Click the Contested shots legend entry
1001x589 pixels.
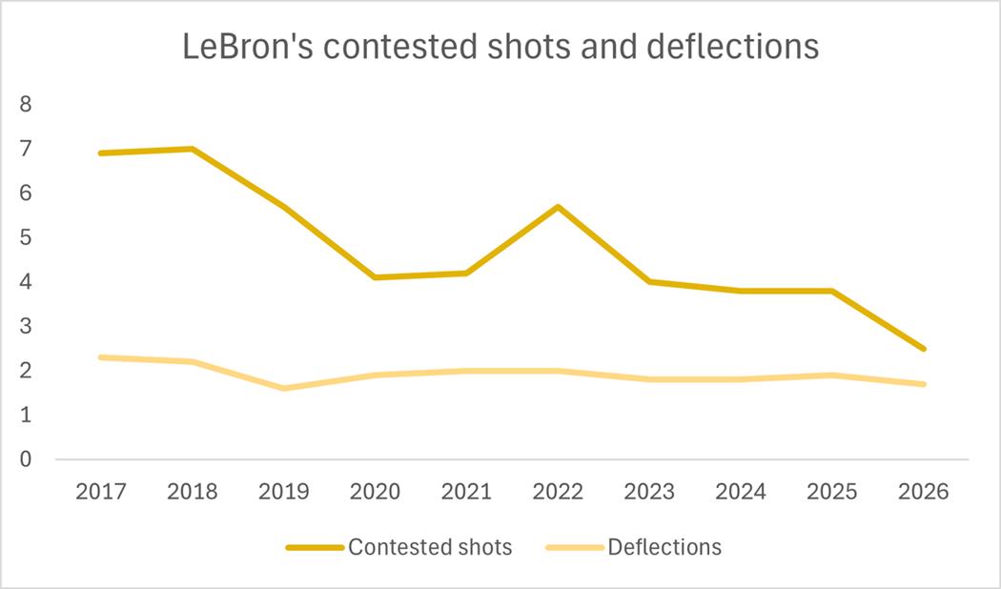(x=429, y=547)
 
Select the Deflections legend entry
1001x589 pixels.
(x=664, y=547)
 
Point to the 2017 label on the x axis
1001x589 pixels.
(x=100, y=492)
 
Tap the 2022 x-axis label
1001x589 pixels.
(x=558, y=492)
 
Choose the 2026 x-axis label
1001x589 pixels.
(x=924, y=492)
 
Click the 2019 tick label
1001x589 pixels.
(x=283, y=492)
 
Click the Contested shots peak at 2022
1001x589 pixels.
(x=558, y=207)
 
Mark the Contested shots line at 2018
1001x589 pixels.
(x=192, y=149)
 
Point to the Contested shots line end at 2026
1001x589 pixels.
(x=924, y=349)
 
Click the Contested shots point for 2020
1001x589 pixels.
(x=375, y=277)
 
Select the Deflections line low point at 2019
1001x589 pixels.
(x=283, y=388)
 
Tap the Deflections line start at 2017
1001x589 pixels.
(x=100, y=357)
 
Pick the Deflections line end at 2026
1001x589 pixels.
(x=924, y=384)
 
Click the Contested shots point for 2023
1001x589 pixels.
(x=649, y=281)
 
